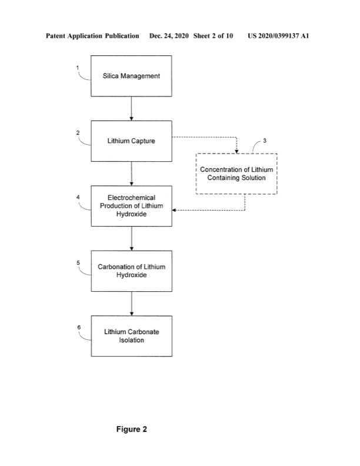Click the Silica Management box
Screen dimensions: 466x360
point(131,76)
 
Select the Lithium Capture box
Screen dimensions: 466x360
point(131,141)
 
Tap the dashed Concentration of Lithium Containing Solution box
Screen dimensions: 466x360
point(236,174)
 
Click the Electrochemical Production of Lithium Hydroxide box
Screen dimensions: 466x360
point(131,206)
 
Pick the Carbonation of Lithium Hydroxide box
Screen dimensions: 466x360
point(131,271)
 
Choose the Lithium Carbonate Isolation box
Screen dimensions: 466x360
point(131,336)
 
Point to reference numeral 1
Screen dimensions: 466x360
point(78,68)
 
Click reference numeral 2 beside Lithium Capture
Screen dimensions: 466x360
point(78,132)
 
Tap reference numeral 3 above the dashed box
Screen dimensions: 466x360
point(264,141)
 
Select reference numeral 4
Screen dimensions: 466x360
point(78,197)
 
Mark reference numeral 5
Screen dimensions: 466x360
point(78,262)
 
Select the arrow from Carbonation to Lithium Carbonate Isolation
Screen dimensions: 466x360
point(131,303)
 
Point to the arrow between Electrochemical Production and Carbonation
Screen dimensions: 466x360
point(131,238)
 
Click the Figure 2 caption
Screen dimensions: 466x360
point(131,430)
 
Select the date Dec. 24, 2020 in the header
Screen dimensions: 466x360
point(169,36)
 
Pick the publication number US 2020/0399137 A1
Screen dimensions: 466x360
point(278,36)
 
